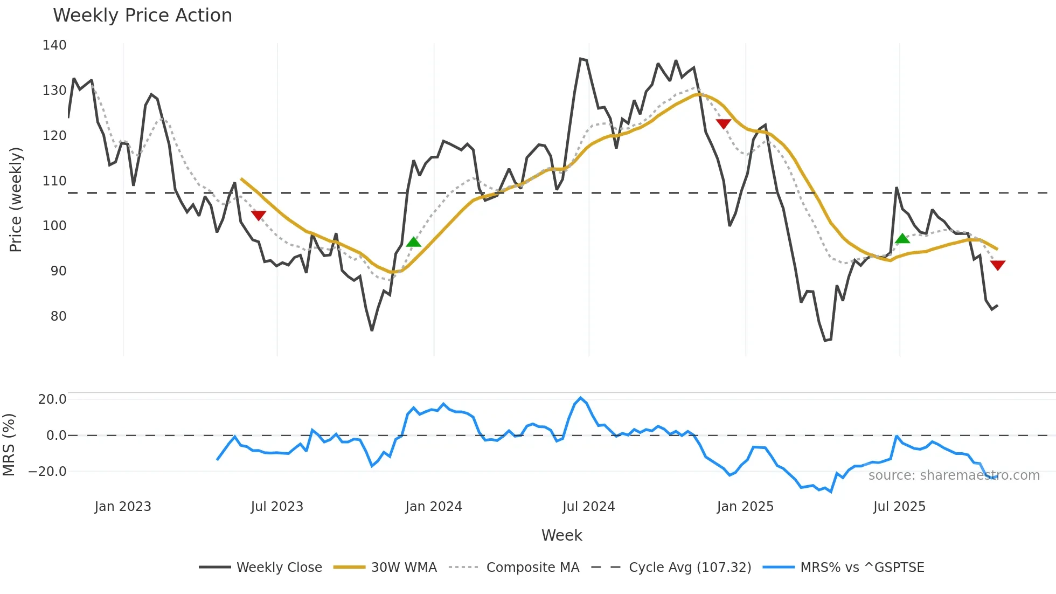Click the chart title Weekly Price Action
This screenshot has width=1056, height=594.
tap(142, 16)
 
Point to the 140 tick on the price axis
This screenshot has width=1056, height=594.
tap(54, 45)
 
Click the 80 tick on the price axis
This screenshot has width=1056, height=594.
tap(58, 316)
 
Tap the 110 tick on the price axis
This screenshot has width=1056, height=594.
tap(54, 181)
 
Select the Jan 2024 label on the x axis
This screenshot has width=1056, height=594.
tap(433, 507)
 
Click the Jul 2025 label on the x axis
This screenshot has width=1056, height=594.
tap(899, 507)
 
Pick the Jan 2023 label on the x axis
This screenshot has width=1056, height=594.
tap(123, 507)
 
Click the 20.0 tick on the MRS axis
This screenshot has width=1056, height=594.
tap(52, 399)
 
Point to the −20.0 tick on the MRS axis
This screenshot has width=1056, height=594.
tap(47, 472)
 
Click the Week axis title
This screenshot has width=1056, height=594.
tap(561, 535)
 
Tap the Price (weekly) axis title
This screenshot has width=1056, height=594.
tap(16, 199)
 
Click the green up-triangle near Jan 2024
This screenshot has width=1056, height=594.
tap(413, 242)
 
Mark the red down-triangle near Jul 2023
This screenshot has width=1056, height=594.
tap(259, 216)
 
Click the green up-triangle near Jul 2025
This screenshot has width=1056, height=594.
tap(902, 238)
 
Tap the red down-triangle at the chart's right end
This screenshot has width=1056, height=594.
tap(997, 265)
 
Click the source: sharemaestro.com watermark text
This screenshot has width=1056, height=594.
tap(954, 475)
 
